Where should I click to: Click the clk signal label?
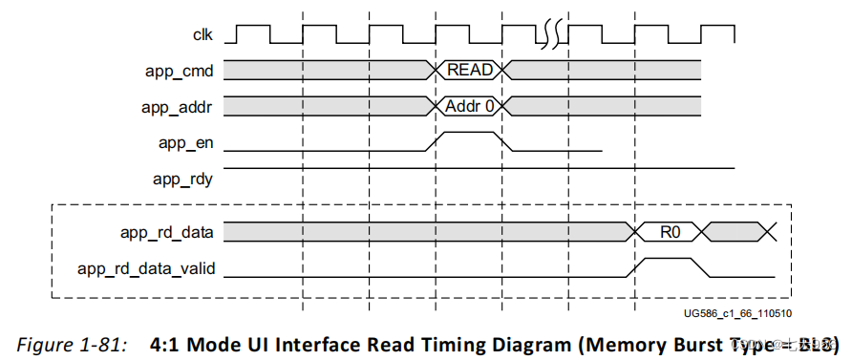(202, 35)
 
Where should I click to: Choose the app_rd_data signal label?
(168, 231)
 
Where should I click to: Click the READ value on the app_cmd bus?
(469, 70)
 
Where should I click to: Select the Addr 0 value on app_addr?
(470, 106)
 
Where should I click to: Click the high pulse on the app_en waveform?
(467, 134)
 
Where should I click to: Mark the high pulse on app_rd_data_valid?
(669, 259)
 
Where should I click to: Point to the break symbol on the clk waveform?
(552, 34)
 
